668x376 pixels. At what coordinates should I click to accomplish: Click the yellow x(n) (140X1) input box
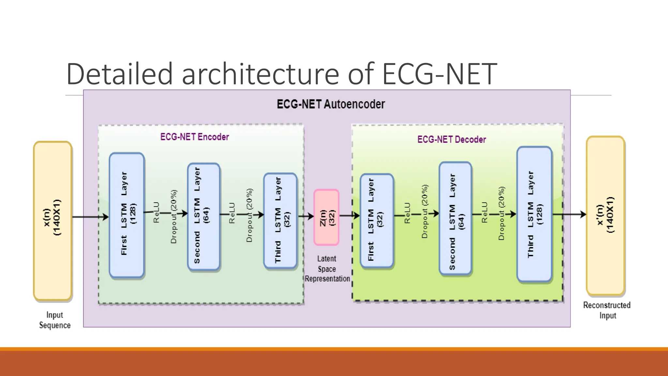point(53,220)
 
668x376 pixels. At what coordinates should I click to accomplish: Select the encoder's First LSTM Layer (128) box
point(127,215)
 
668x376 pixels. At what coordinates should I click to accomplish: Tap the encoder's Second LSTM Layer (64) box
point(204,217)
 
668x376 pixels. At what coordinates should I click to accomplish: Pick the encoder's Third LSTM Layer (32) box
point(280,221)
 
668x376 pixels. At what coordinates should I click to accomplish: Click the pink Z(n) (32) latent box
point(326,217)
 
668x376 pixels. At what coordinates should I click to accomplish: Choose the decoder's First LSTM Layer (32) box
point(377,220)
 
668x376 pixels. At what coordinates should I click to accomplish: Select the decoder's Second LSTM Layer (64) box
point(455,218)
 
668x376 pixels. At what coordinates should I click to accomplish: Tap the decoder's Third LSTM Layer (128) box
point(534,214)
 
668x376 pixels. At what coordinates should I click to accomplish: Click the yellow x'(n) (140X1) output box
point(605,215)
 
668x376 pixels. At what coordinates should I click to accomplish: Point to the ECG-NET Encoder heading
point(194,137)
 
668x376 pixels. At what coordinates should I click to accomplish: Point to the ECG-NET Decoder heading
point(451,140)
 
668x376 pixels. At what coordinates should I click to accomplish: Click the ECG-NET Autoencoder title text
point(331,104)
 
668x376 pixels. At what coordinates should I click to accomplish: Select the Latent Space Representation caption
point(327,269)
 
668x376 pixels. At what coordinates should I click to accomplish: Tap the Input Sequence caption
point(55,320)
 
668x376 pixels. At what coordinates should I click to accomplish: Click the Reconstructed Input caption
point(607,310)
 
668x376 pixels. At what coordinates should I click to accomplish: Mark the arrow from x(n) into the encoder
point(90,217)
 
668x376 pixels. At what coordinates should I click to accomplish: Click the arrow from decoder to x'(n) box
point(569,214)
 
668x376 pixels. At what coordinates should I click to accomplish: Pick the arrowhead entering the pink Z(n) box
point(311,216)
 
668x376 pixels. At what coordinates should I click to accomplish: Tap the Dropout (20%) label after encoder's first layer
point(174,217)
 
